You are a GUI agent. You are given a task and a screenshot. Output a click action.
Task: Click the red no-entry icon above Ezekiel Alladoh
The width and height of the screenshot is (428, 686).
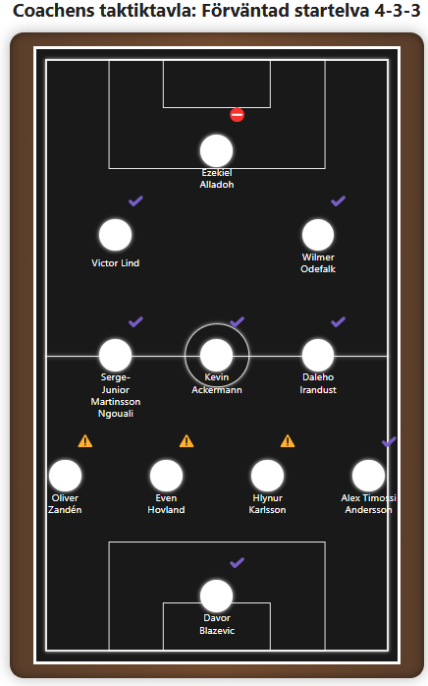(237, 115)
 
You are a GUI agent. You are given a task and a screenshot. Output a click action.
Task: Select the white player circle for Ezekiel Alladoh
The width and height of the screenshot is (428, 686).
(216, 150)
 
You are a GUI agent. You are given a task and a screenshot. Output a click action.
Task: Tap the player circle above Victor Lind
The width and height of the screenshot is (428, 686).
(116, 235)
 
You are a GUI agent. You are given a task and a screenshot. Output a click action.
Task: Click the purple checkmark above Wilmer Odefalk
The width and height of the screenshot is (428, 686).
(338, 201)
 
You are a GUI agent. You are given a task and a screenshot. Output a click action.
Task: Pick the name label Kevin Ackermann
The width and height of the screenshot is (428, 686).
(217, 383)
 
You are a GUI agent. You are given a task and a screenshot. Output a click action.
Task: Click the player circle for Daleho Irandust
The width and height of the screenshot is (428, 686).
(318, 355)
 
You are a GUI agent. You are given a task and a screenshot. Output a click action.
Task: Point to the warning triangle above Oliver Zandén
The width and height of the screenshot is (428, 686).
(85, 441)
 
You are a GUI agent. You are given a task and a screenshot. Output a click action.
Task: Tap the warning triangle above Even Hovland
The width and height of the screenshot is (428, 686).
(187, 441)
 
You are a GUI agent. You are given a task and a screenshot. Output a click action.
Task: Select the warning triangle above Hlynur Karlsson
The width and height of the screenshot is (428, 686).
(288, 441)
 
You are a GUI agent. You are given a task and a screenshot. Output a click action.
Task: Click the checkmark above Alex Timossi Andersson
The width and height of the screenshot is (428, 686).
(389, 442)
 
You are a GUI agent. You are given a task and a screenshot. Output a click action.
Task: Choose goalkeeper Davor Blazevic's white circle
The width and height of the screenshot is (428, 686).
(216, 596)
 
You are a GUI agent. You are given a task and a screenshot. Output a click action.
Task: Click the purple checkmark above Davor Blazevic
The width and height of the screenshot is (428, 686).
(237, 562)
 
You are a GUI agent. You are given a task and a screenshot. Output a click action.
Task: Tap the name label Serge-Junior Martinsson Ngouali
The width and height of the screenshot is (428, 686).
(116, 395)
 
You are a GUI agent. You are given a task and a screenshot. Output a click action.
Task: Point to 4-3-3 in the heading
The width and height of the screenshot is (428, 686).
(398, 11)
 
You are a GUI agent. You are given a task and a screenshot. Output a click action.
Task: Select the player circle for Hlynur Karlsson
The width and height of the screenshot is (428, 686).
(267, 476)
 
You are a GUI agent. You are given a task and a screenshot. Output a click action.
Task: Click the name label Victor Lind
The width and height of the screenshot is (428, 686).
(116, 263)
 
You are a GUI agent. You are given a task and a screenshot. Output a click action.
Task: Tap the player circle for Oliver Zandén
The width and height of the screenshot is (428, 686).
(65, 476)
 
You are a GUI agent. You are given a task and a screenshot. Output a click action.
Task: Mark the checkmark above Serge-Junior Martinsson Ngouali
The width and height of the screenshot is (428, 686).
(136, 322)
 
